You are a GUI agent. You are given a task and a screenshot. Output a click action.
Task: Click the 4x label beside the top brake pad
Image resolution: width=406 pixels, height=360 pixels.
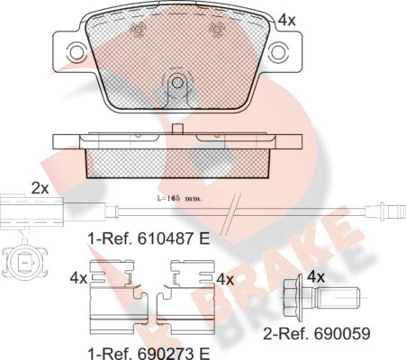[287, 19]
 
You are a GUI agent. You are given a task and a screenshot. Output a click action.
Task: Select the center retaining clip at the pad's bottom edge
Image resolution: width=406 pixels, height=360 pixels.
[177, 88]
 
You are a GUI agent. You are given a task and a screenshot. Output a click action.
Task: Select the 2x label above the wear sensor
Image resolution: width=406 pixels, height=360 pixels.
[40, 188]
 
